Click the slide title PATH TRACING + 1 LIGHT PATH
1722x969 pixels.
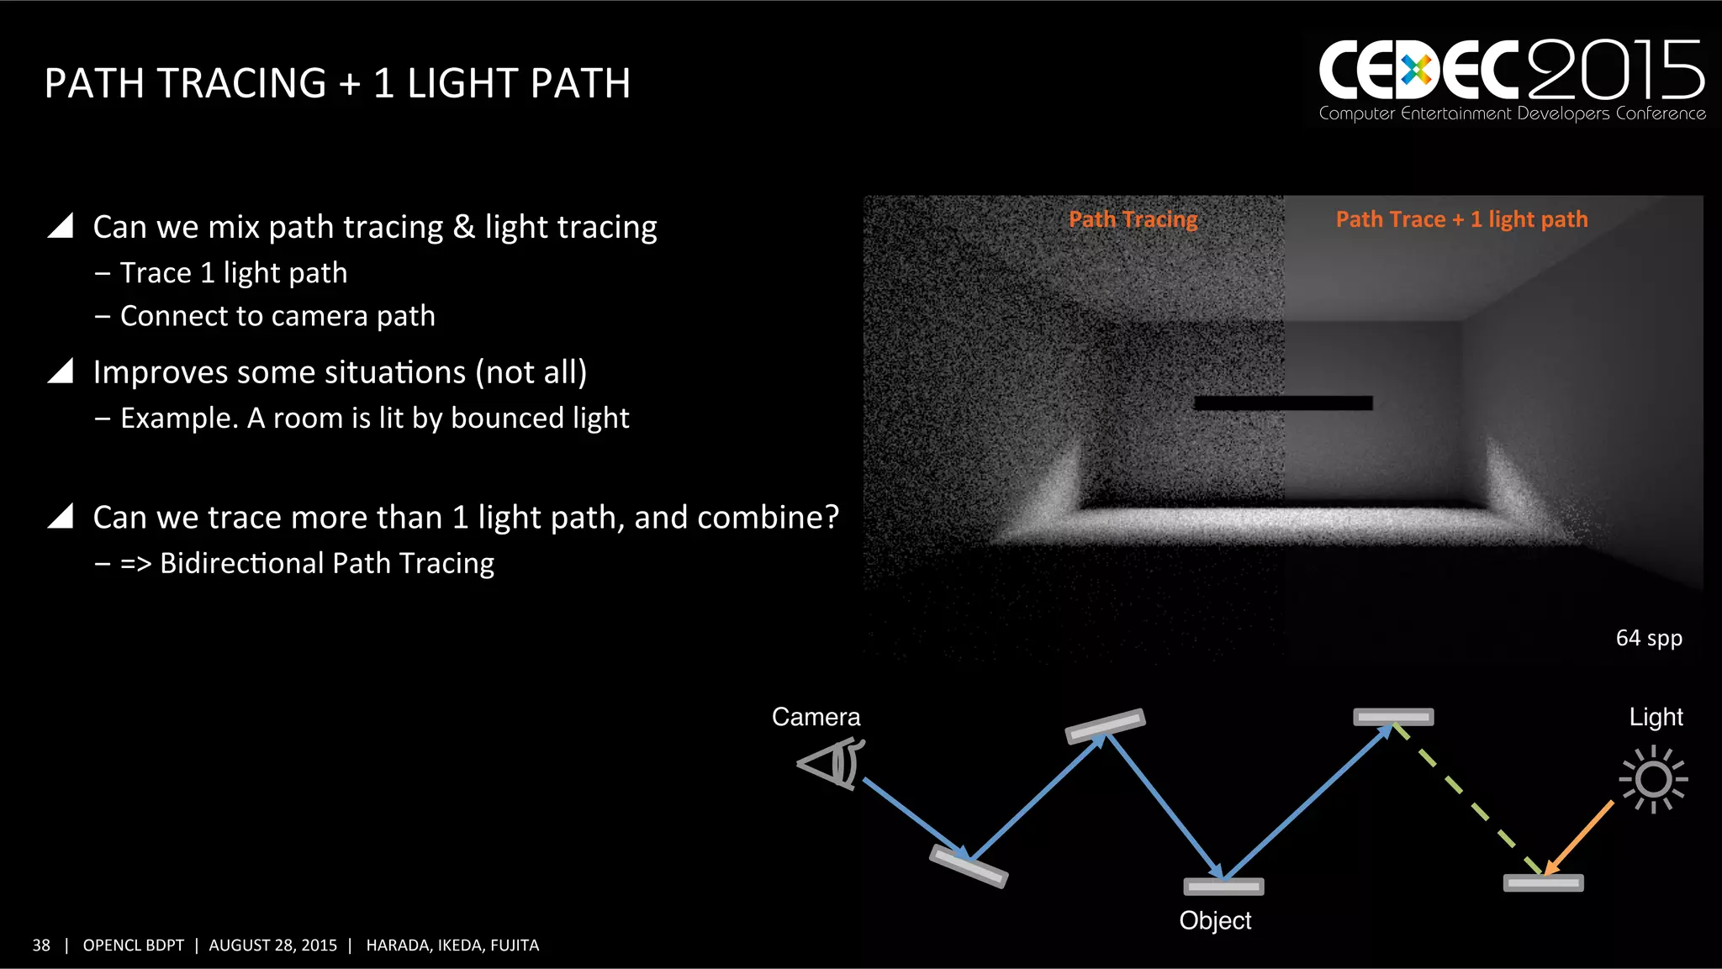click(337, 83)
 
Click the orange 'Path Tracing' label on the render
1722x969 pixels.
click(1133, 219)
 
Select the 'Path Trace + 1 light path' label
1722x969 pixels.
click(1461, 219)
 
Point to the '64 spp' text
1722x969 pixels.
click(1648, 638)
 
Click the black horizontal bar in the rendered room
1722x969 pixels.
click(1283, 403)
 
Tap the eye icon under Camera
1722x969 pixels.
click(831, 763)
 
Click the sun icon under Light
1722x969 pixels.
click(1653, 779)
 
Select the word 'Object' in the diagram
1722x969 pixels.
click(1215, 920)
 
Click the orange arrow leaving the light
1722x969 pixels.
click(1579, 837)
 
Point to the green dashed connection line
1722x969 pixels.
click(1467, 799)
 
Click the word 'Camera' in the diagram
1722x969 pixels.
click(816, 717)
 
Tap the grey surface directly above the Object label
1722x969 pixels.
click(1223, 887)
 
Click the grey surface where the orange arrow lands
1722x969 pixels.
click(1543, 883)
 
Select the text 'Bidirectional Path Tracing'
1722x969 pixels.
click(327, 563)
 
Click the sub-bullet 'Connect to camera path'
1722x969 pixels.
click(277, 316)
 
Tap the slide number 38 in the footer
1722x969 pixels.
click(41, 945)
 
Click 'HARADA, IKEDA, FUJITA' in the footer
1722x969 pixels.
click(452, 945)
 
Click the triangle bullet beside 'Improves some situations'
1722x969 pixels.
click(61, 371)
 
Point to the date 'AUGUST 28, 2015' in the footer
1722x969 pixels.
click(272, 945)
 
